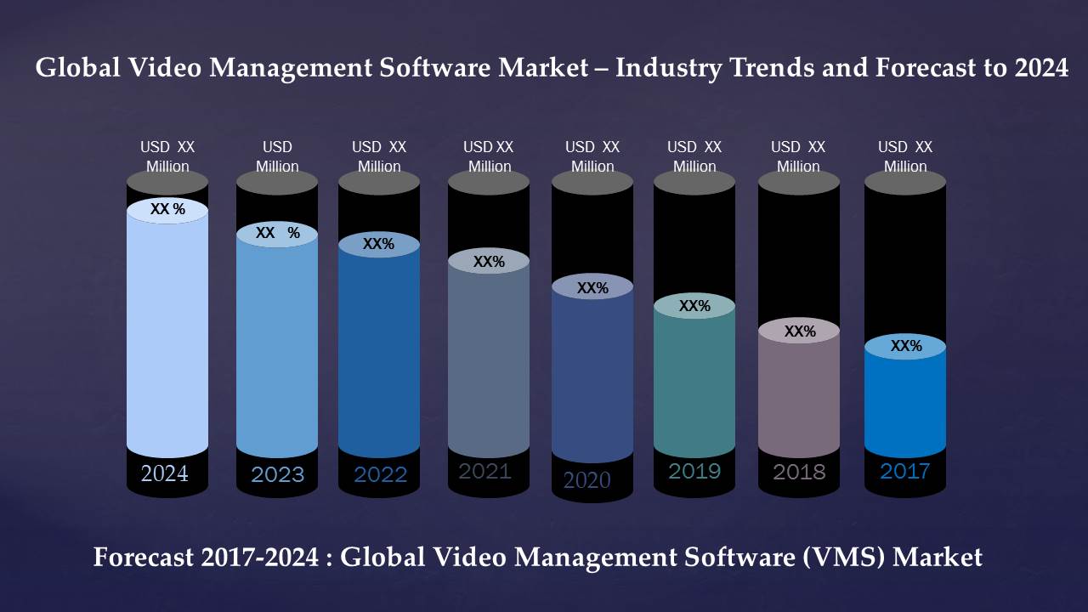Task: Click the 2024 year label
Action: [x=165, y=473]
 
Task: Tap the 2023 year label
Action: [x=277, y=474]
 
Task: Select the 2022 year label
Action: [x=380, y=474]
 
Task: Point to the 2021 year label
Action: [x=484, y=471]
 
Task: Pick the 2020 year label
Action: [x=587, y=480]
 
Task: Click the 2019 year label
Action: [x=694, y=470]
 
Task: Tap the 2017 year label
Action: [x=904, y=471]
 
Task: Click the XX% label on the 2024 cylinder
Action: [x=167, y=209]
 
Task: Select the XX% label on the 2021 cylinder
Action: [x=489, y=262]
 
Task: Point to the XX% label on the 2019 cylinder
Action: [x=694, y=306]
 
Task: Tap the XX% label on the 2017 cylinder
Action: [x=906, y=346]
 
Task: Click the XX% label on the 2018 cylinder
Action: [x=800, y=331]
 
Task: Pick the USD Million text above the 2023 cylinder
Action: [x=277, y=156]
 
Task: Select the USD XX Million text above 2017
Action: [x=905, y=156]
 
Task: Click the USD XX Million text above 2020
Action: [x=592, y=156]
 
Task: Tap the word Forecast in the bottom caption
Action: [x=144, y=558]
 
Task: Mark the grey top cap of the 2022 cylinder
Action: [x=379, y=182]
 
